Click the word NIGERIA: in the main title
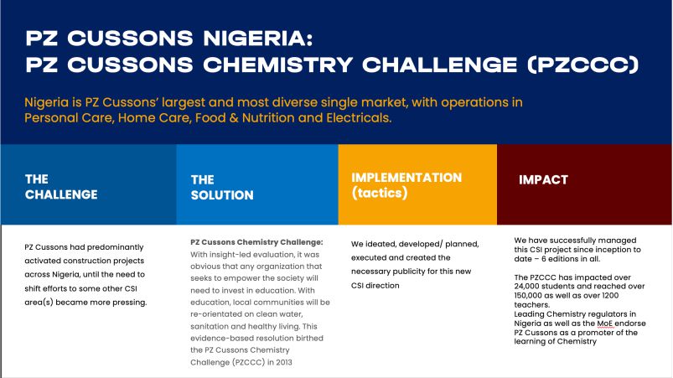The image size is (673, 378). point(258,39)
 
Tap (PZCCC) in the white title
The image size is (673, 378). point(583,65)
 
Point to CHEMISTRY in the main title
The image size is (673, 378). point(277,65)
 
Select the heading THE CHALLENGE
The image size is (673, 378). point(61,187)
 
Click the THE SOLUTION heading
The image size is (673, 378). point(222,188)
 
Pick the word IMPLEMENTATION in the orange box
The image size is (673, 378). point(406,178)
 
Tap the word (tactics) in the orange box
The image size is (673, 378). point(380,193)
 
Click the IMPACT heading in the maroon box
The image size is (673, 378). point(543,179)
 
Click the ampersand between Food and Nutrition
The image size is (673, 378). point(234,118)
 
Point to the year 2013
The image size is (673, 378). point(284,362)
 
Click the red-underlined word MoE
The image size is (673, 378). point(606,324)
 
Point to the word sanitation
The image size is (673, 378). point(209,326)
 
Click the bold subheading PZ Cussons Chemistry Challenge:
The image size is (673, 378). point(256,242)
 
